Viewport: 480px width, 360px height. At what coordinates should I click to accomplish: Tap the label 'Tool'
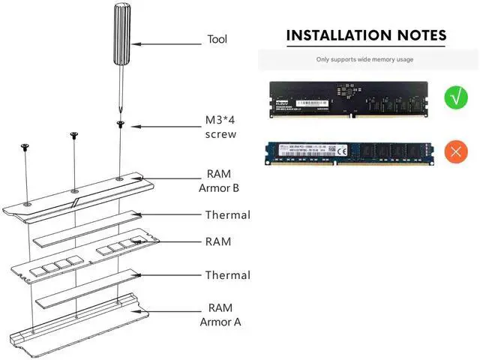(x=217, y=39)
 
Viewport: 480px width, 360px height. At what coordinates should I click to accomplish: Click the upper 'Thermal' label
(x=227, y=215)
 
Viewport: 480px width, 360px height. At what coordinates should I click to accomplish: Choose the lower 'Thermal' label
(x=227, y=275)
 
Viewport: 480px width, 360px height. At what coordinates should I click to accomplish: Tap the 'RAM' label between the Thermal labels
(x=218, y=242)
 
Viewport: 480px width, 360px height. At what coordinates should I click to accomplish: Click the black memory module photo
(x=349, y=98)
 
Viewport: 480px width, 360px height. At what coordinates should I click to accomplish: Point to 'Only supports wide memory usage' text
(x=364, y=59)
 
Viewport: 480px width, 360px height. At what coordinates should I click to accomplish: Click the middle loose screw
(x=73, y=135)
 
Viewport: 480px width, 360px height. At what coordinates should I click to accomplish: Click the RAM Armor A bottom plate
(x=82, y=323)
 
